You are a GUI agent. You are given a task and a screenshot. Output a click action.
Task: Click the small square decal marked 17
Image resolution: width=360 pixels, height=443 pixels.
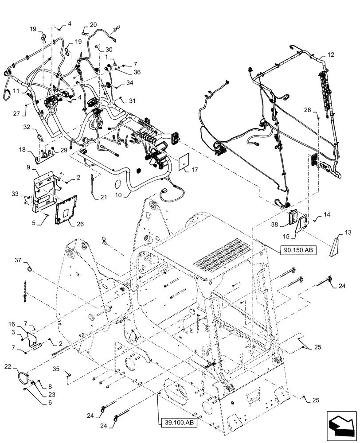(x=185, y=162)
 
